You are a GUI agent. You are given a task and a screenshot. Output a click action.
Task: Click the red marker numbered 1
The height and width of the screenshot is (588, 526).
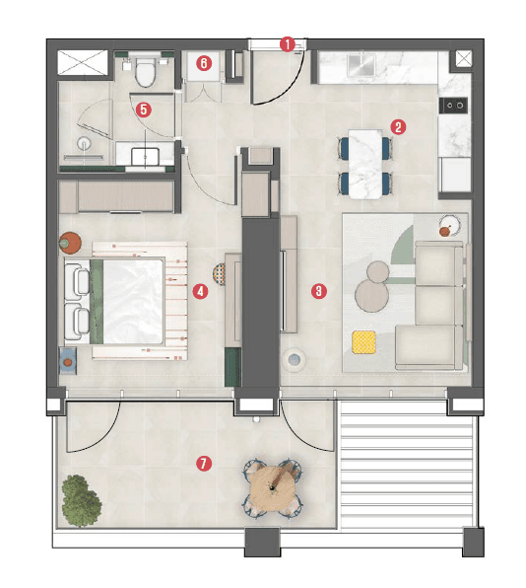tap(287, 43)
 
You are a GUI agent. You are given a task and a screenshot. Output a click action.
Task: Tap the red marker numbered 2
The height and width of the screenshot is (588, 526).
tap(398, 126)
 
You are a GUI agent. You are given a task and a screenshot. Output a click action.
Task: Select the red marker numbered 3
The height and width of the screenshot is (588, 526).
tap(318, 290)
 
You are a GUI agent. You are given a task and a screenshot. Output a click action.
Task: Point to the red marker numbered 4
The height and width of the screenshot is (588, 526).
tap(200, 291)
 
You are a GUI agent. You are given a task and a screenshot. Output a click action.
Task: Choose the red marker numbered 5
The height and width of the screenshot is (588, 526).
tap(144, 110)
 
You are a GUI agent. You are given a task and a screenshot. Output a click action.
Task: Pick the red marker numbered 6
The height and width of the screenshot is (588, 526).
tap(204, 63)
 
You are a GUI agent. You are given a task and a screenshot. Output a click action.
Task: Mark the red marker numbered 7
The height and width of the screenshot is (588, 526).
tap(203, 463)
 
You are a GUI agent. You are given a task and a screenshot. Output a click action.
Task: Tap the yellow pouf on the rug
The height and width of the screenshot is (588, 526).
tap(364, 342)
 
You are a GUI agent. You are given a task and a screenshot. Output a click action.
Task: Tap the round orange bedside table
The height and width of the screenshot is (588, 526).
tap(70, 241)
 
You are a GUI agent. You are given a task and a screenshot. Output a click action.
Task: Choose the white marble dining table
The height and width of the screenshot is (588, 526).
tap(363, 163)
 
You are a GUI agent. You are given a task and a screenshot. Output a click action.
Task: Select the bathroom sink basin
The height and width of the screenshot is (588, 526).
tap(147, 155)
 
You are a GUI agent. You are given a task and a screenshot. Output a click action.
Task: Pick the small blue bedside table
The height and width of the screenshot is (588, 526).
tap(68, 360)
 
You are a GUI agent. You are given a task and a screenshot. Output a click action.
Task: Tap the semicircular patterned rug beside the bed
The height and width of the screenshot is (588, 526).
tap(219, 275)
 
